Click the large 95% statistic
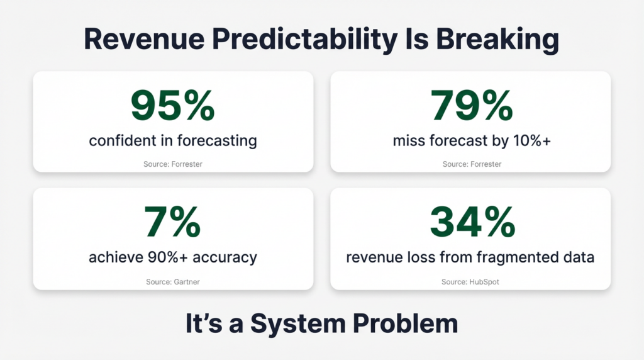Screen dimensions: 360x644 pyautogui.click(x=173, y=105)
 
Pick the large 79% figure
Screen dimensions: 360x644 pyautogui.click(x=472, y=105)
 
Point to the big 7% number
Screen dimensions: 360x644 pyautogui.click(x=173, y=222)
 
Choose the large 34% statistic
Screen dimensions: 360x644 pyautogui.click(x=472, y=222)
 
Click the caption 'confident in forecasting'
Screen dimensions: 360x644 pyautogui.click(x=173, y=140)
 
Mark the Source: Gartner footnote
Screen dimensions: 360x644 pyautogui.click(x=173, y=282)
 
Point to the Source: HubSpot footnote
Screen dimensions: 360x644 pyautogui.click(x=471, y=282)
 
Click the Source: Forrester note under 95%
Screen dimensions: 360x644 pyautogui.click(x=173, y=164)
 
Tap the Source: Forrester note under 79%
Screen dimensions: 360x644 pyautogui.click(x=472, y=164)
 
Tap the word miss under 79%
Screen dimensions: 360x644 pyautogui.click(x=409, y=140)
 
